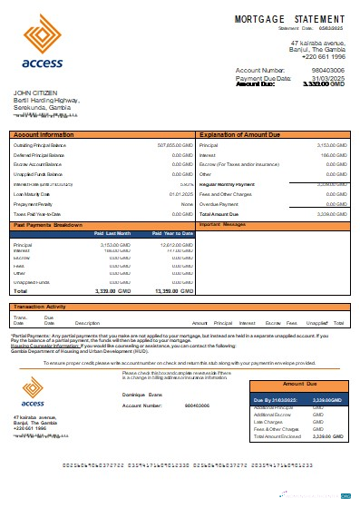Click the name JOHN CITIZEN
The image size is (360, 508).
[33, 93]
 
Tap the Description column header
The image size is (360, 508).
[87, 323]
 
